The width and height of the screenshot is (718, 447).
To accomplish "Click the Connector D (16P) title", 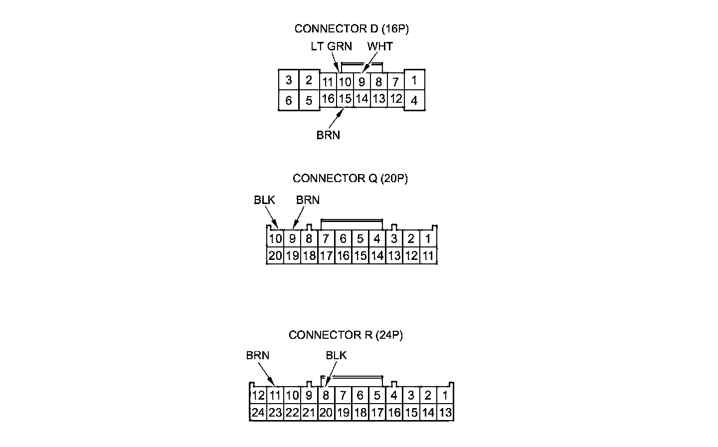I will [352, 29].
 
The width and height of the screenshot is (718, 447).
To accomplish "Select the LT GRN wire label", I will [331, 46].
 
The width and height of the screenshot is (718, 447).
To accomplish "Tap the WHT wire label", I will [380, 46].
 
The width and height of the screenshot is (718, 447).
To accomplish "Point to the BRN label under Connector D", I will [328, 135].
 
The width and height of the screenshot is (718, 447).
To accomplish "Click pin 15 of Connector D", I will [345, 99].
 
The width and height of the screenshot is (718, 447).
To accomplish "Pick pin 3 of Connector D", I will [289, 80].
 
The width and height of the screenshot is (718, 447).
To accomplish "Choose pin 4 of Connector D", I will [414, 101].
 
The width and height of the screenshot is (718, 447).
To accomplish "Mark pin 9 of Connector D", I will [362, 82].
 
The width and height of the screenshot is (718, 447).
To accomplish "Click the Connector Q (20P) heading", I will [350, 179].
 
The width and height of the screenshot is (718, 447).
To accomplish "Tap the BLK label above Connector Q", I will [264, 200].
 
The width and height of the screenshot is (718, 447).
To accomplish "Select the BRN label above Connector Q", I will [308, 200].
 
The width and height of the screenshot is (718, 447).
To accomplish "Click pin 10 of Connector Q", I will [275, 239].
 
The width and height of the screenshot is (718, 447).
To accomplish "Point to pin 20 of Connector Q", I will [275, 256].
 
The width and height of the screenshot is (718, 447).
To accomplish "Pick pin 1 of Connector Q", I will [428, 239].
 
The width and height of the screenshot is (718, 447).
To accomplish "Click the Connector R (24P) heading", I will [346, 335].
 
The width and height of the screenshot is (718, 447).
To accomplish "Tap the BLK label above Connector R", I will [336, 355].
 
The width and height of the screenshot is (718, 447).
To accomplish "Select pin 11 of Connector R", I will [275, 396].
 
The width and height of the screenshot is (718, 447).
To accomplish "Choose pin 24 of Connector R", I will [258, 413].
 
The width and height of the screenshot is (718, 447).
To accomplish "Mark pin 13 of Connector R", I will [445, 413].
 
